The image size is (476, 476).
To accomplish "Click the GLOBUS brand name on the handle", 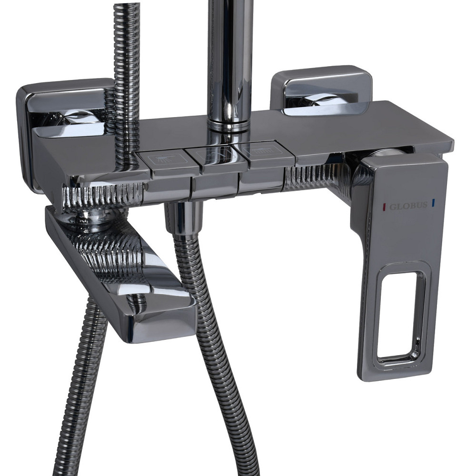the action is pyautogui.click(x=408, y=206).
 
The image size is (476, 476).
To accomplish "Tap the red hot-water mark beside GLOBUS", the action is pyautogui.click(x=385, y=207).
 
